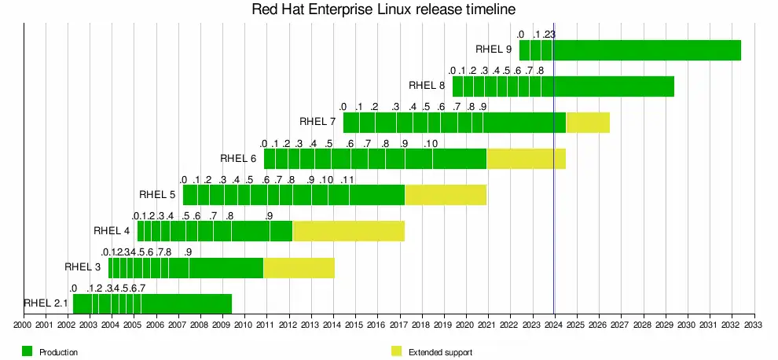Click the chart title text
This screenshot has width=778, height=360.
click(x=383, y=10)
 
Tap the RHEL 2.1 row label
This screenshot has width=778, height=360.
click(x=46, y=303)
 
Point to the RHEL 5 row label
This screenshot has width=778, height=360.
click(x=156, y=194)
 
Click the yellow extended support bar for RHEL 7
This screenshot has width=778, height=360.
click(x=588, y=122)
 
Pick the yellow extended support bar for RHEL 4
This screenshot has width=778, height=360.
click(x=348, y=230)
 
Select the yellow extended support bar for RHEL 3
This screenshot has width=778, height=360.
click(x=299, y=266)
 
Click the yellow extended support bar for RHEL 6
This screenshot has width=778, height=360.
click(x=526, y=158)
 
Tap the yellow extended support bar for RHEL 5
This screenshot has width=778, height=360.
click(x=445, y=194)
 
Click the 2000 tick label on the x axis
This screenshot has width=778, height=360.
click(x=23, y=324)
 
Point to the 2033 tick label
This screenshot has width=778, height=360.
click(x=754, y=324)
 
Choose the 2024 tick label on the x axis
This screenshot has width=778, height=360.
click(x=554, y=324)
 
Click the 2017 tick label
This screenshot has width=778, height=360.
click(x=399, y=324)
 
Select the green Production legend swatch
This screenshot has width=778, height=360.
click(x=27, y=351)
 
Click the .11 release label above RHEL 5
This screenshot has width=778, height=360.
click(x=347, y=180)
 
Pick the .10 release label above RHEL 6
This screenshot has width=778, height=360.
click(x=430, y=144)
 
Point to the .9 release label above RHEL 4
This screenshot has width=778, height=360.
click(x=269, y=216)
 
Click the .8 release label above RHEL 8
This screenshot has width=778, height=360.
click(x=540, y=72)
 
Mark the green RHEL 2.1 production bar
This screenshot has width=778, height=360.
click(x=152, y=303)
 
